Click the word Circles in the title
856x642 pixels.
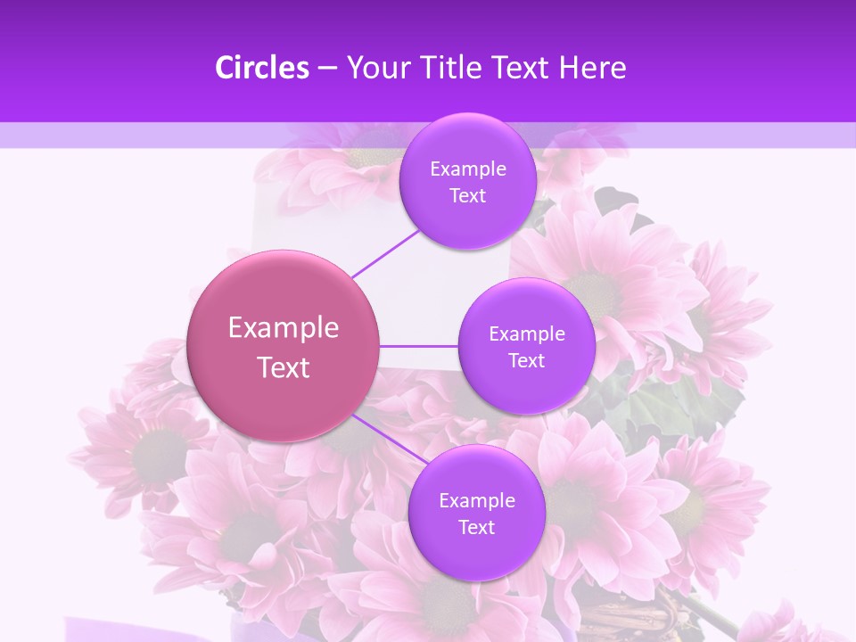[x=261, y=68]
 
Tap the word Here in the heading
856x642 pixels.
[x=594, y=68]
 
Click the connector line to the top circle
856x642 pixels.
[x=385, y=252]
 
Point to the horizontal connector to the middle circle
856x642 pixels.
[x=418, y=346]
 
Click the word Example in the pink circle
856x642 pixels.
[x=284, y=328]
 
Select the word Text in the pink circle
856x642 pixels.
[x=284, y=367]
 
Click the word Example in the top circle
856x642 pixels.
[x=468, y=169]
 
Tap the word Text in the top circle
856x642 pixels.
[x=468, y=196]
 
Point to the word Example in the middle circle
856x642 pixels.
[x=527, y=334]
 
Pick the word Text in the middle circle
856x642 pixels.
[x=527, y=361]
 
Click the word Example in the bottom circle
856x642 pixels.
[x=477, y=501]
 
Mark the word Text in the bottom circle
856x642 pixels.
[x=477, y=528]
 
